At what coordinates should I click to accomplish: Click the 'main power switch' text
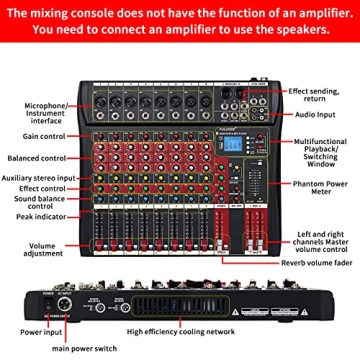(x=74, y=348)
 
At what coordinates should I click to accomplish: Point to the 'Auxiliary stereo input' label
(x=39, y=177)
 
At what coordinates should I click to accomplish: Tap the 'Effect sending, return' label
(x=315, y=94)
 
